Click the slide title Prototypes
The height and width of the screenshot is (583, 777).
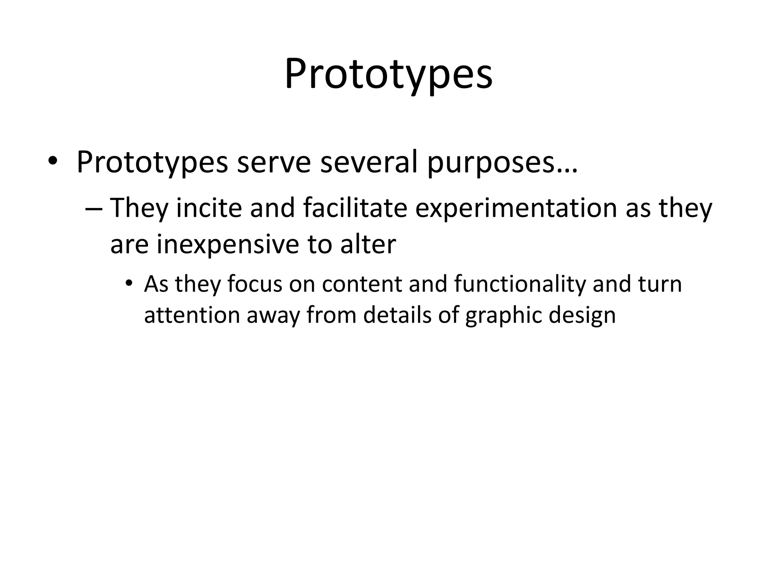388,75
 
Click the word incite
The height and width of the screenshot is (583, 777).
209,208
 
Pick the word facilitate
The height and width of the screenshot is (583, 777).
355,208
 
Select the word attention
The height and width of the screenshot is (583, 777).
192,315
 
